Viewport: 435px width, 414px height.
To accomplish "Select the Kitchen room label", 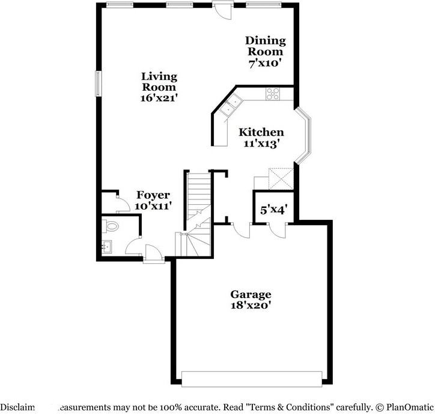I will click(261, 132).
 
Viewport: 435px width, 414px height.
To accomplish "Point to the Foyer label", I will click(153, 195).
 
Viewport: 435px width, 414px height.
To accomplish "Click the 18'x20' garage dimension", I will click(251, 306).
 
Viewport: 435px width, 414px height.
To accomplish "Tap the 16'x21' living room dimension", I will click(159, 96).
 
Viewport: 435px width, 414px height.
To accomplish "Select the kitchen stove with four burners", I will click(273, 94).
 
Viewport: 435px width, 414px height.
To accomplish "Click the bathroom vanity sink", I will click(107, 247).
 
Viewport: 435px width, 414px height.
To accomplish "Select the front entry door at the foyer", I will click(153, 256).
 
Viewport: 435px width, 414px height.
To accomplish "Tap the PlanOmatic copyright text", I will click(402, 406).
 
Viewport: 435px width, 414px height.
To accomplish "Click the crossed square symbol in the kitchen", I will click(281, 178).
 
